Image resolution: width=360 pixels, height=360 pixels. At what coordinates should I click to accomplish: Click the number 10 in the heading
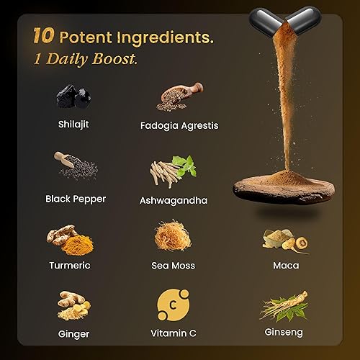[42, 36]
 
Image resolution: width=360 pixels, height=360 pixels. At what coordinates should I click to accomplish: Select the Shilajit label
[75, 123]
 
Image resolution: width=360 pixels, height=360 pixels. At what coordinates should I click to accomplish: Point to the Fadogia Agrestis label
[179, 125]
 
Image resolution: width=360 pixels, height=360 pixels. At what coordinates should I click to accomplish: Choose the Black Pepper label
[76, 198]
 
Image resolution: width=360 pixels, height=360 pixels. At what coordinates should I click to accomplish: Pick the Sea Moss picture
[174, 238]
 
